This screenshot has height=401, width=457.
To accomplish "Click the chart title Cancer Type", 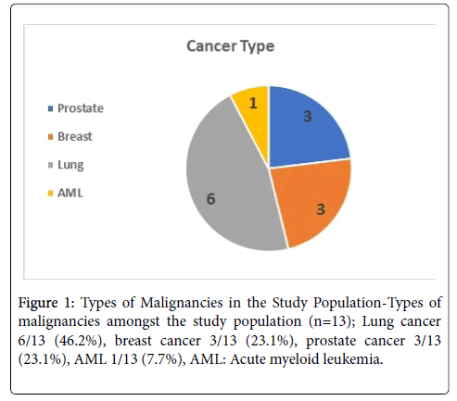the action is point(231,46).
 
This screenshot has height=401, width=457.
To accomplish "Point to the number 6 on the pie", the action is point(210,199).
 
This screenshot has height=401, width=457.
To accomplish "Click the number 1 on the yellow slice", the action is point(253,103).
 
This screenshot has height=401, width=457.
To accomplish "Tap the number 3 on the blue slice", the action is point(308,116).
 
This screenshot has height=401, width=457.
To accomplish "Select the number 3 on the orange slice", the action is point(321,209).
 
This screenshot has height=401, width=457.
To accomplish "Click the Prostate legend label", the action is point(81,108).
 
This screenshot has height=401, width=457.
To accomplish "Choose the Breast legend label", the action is point(75,136).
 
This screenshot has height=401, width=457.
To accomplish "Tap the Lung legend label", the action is point(70,165).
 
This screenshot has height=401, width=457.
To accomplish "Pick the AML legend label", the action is point(70,194).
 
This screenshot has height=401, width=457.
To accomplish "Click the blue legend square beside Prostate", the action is point(51,108).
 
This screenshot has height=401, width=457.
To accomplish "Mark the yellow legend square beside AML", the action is point(51,194).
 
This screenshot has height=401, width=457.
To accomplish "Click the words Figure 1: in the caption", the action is point(46,303).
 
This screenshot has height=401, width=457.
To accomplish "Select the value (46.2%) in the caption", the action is point(78,341).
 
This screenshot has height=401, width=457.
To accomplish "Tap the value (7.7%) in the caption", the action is point(161,359).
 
